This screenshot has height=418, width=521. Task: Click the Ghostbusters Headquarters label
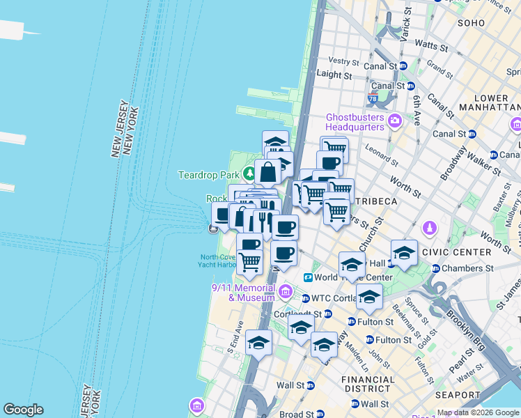(355, 121)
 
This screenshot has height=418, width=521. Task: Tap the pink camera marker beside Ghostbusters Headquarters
(395, 121)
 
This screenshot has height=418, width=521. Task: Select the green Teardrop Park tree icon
(249, 173)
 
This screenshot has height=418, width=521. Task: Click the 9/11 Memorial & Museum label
(244, 293)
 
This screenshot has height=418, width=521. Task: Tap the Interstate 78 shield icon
(373, 100)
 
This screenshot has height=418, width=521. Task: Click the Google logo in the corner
(23, 410)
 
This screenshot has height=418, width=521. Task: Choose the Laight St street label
(334, 74)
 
